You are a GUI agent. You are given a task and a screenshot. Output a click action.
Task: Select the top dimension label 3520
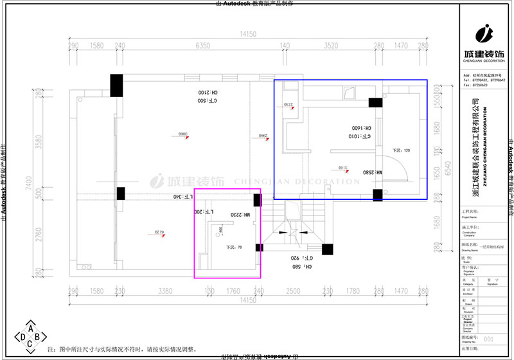[330, 46]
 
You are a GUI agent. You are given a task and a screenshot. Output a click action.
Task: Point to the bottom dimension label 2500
[292, 291]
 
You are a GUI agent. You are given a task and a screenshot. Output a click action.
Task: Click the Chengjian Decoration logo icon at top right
[485, 32]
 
